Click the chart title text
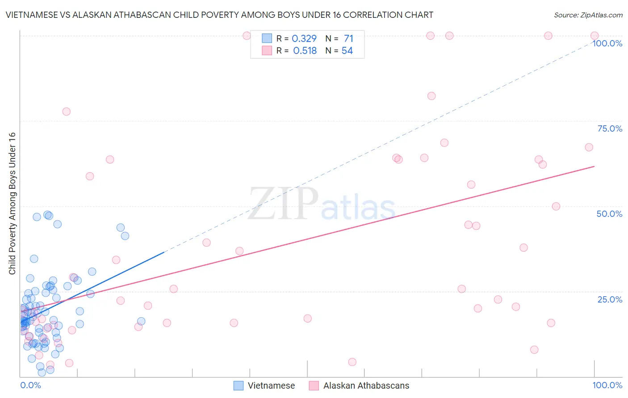point(219,15)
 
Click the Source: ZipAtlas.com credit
point(588,15)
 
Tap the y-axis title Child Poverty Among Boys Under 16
point(12,203)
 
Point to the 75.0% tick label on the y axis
point(610,129)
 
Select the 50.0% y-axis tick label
point(609,214)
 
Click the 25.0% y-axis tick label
point(610,299)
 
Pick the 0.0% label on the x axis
point(30,385)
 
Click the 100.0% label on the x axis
point(607,385)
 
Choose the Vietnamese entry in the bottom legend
point(264,386)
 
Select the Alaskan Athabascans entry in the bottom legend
point(359,386)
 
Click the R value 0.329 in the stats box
point(304,39)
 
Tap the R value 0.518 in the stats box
point(305,51)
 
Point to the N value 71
point(348,39)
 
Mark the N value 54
point(347,51)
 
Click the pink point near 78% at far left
point(67,112)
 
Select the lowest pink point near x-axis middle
point(352,362)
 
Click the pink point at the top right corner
point(595,36)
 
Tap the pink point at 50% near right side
point(556,206)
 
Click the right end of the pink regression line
point(594,166)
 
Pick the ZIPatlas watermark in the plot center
point(322,204)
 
